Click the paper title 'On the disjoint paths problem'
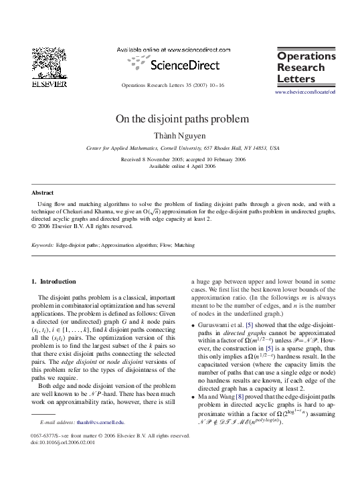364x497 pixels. [182, 119]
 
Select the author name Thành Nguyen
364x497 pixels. [182, 135]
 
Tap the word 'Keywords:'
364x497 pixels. [43, 245]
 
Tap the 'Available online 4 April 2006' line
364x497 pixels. [182, 166]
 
